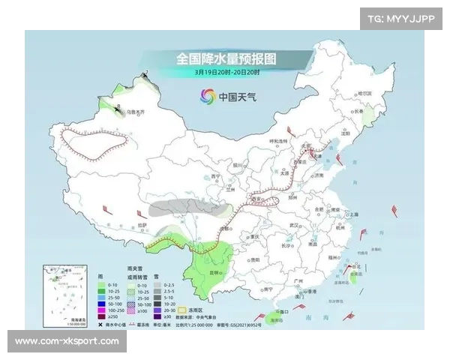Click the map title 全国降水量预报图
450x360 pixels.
pos(226,58)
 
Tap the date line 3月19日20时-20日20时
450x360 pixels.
pos(226,73)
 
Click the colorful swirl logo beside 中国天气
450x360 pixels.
pos(206,96)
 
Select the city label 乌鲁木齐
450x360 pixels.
pos(135,112)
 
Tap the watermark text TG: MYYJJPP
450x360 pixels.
pos(402,19)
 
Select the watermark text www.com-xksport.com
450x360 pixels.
pos(67,341)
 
